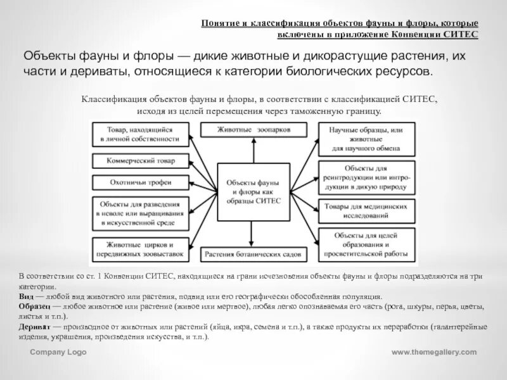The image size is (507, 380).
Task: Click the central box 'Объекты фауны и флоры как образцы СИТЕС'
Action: click(253, 189)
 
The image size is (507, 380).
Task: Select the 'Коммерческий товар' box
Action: click(140, 160)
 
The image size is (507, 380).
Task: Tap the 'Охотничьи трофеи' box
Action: click(140, 182)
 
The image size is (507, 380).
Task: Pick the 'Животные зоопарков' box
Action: click(253, 129)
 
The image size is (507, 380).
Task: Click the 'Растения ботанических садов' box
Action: click(253, 255)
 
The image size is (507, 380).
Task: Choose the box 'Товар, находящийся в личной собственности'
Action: click(140, 134)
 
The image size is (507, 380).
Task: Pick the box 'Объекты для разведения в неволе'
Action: click(140, 213)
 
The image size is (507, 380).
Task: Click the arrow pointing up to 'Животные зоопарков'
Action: click(253, 149)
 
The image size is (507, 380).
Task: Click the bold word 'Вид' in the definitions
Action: click(25, 296)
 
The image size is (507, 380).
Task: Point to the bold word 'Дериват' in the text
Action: click(34, 327)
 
